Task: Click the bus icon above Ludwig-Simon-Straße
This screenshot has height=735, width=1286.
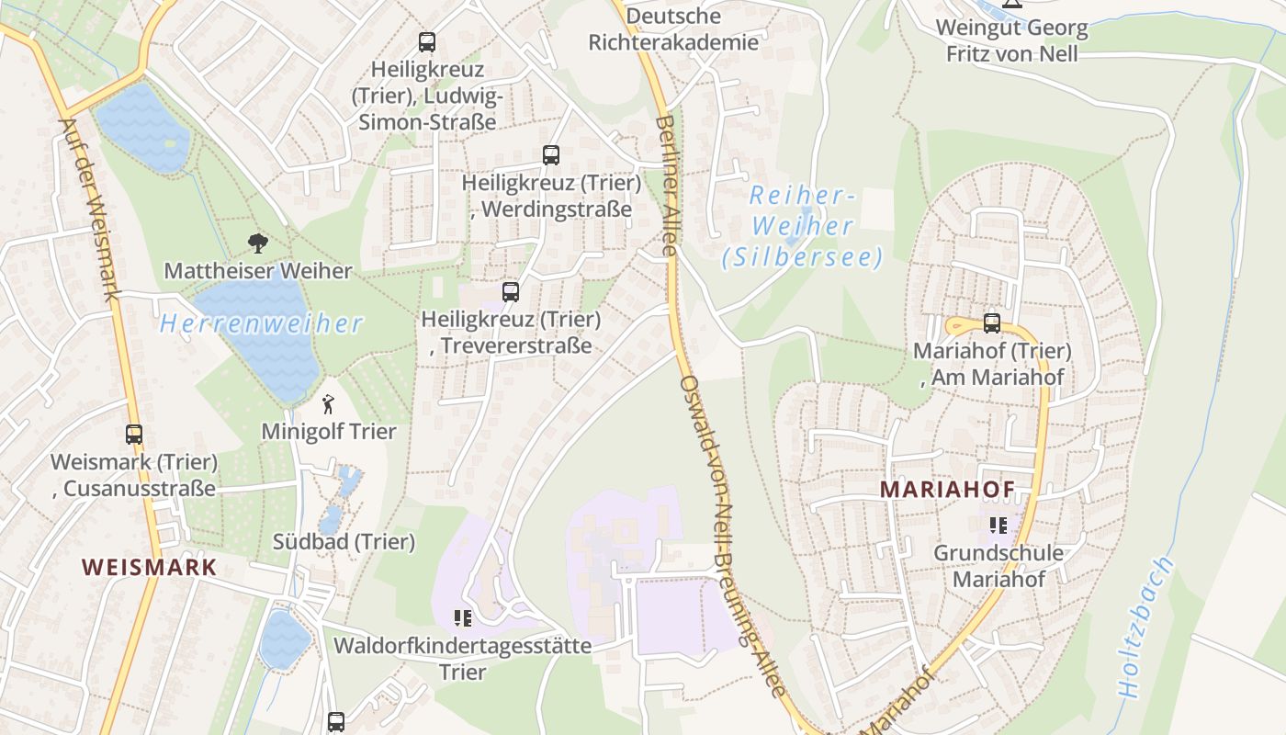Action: click(427, 41)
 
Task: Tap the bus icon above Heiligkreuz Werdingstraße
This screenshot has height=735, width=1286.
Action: click(551, 155)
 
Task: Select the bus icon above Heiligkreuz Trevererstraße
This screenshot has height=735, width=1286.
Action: click(511, 292)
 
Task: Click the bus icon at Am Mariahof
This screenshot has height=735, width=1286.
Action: click(992, 323)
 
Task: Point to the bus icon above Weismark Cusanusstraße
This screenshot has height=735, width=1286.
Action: click(134, 435)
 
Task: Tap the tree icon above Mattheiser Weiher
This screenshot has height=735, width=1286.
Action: click(258, 243)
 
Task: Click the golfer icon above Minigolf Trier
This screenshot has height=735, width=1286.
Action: click(328, 404)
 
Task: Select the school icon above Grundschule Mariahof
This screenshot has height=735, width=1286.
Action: click(998, 526)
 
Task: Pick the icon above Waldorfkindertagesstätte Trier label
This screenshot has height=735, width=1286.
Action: click(462, 618)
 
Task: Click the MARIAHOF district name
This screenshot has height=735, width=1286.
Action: click(948, 490)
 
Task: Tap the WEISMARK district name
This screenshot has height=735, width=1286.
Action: click(150, 568)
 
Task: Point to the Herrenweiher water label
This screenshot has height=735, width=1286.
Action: click(262, 323)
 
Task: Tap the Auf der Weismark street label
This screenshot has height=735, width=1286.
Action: click(89, 209)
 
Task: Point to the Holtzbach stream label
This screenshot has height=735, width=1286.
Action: click(1145, 627)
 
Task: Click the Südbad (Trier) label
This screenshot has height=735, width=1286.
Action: click(344, 542)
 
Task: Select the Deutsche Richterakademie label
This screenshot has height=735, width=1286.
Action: click(673, 28)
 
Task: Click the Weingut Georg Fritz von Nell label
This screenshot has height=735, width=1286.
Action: click(1011, 40)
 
